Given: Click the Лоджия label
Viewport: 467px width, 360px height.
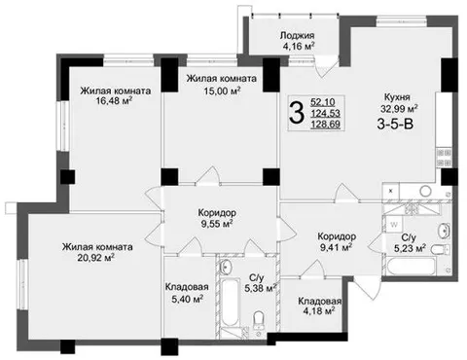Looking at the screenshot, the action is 297,35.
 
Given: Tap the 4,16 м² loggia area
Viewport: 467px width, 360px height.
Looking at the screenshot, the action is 299,46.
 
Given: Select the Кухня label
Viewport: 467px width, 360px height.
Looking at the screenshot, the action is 397,97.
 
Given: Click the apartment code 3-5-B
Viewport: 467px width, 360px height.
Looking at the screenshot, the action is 395,124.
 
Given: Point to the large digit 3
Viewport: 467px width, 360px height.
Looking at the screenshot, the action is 297,113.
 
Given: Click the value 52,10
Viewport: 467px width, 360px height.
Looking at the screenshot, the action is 323,102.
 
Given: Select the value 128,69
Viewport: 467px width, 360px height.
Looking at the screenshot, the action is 326,124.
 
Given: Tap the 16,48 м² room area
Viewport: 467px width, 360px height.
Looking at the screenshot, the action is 114,100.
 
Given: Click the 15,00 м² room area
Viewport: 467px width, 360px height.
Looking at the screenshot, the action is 222,90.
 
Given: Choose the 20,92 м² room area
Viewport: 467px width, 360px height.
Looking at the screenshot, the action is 95,257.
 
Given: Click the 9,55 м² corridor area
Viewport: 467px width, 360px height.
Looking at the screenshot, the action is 217,224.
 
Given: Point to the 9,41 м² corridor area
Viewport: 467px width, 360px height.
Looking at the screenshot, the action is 337,247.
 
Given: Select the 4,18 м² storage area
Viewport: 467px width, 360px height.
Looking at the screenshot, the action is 319,311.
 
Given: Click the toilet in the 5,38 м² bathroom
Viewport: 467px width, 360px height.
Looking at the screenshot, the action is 259,319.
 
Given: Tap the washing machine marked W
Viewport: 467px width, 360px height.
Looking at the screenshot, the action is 394,224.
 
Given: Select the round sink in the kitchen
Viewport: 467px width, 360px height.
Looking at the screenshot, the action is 425,191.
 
